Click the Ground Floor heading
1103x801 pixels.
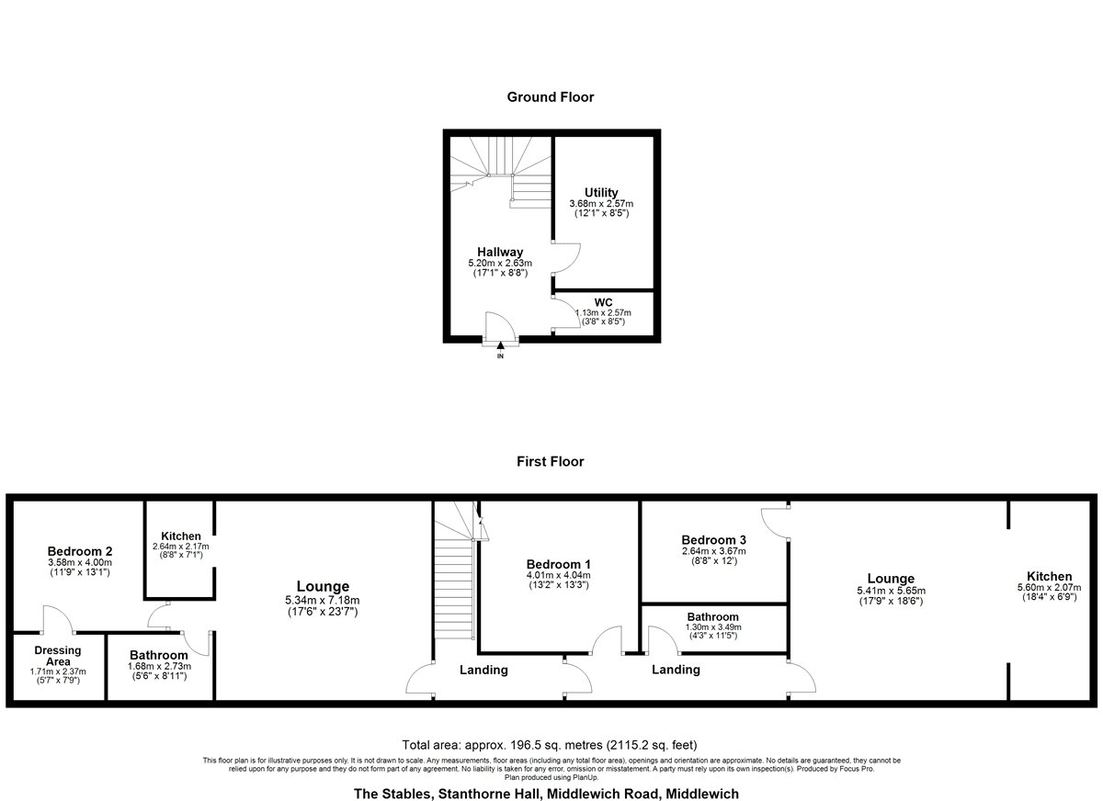(x=551, y=97)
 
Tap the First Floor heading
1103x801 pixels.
(x=551, y=461)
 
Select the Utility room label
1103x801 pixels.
(x=601, y=192)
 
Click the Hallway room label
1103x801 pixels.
(x=500, y=252)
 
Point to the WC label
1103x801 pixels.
(x=603, y=302)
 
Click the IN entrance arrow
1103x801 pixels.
(x=500, y=345)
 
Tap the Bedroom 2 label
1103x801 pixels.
(x=80, y=551)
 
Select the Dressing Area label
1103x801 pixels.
(x=58, y=656)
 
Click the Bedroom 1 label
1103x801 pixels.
(x=559, y=564)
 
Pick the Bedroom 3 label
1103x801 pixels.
(x=713, y=540)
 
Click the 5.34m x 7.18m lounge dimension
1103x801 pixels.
(x=323, y=600)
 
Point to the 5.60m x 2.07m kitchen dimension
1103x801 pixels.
(x=1050, y=588)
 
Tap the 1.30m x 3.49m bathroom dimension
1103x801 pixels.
(x=713, y=627)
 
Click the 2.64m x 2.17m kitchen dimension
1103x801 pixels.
(x=181, y=547)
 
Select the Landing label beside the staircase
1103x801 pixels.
(x=483, y=670)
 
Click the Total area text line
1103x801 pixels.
(x=550, y=745)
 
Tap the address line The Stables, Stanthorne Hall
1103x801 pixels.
(x=546, y=794)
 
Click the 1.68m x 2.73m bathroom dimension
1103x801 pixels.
(x=160, y=666)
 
